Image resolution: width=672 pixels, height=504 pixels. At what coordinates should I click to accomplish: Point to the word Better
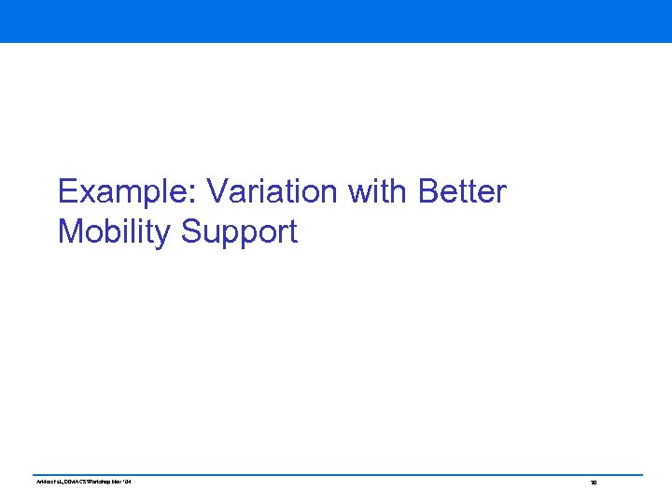point(463,192)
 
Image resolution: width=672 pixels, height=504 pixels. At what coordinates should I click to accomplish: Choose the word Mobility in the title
point(115,231)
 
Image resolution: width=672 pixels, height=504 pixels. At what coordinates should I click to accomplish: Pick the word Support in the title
point(239,231)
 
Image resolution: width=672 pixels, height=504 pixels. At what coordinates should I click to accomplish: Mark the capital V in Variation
point(217,192)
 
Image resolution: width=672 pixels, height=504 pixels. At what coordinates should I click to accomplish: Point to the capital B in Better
point(429,192)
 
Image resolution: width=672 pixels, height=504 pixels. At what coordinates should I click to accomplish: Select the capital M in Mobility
point(71,231)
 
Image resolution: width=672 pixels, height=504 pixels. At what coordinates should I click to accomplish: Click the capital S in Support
point(190,231)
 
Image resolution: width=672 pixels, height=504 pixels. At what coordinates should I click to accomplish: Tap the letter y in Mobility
point(166,234)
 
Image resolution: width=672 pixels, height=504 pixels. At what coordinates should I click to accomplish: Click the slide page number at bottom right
point(593,483)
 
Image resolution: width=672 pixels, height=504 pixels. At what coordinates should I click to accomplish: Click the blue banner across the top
point(336,21)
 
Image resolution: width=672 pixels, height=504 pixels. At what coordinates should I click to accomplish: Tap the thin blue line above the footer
point(336,474)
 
